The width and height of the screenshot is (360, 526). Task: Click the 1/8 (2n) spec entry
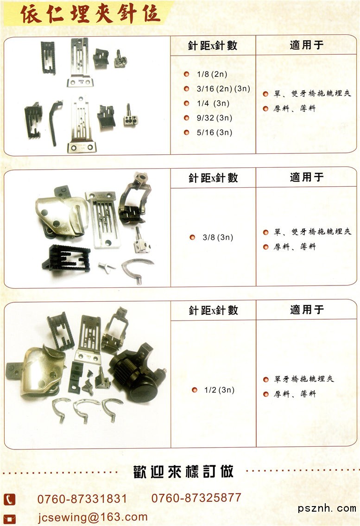tap(212, 74)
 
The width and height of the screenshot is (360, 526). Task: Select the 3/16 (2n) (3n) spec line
tap(223, 89)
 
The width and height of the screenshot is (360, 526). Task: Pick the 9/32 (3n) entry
tap(215, 118)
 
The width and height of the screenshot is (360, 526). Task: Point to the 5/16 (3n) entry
tap(215, 133)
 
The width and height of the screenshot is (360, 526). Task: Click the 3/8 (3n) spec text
tap(218, 237)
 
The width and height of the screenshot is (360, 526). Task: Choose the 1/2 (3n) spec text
tap(220, 390)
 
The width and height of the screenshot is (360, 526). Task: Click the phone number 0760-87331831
tap(82, 499)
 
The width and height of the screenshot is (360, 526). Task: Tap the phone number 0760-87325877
tap(196, 498)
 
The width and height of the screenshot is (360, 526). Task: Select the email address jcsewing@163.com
tap(93, 517)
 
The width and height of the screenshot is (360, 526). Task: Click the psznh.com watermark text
tap(327, 508)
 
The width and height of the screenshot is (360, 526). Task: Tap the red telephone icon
tap(9, 500)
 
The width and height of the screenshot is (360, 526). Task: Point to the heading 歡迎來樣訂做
tap(183, 472)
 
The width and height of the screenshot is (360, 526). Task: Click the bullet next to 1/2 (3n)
tap(195, 390)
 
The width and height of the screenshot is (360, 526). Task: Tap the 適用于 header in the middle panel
tap(307, 177)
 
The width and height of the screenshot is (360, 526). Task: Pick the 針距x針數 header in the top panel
tap(213, 45)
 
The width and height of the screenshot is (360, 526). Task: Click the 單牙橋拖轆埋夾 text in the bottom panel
tap(304, 379)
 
